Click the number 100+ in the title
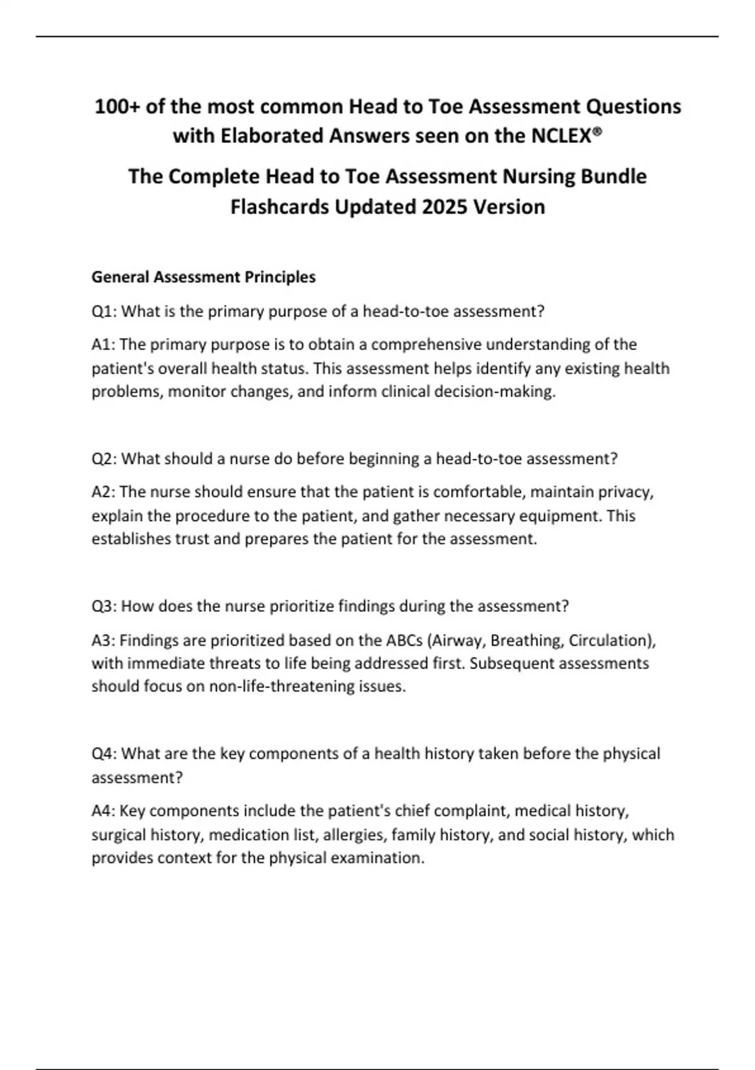pos(117,106)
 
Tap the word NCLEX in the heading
pos(565,136)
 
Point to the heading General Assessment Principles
pos(203,277)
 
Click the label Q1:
pos(104,311)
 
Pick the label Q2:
pos(104,458)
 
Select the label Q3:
pos(104,606)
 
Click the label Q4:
pos(104,753)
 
